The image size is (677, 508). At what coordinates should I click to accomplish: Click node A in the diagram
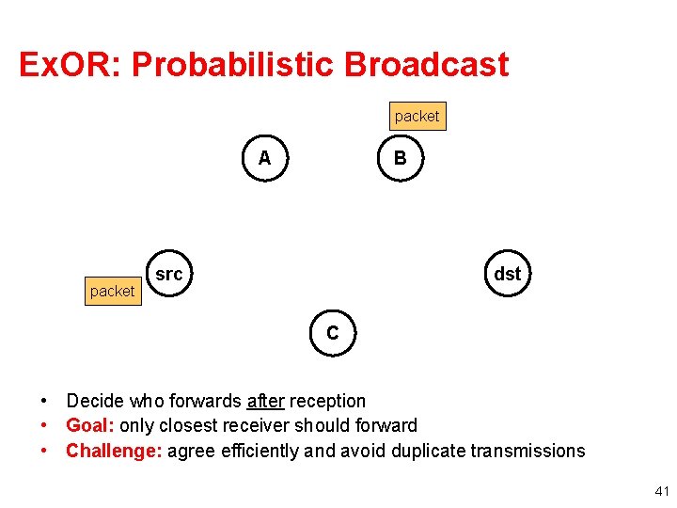264,158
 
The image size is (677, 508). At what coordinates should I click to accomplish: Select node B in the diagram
400,158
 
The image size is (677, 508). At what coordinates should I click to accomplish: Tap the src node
168,275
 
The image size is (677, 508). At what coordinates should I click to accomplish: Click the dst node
507,274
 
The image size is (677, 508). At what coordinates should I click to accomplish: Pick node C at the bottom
332,333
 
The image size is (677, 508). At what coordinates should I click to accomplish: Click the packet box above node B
417,116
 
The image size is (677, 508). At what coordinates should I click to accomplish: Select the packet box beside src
112,292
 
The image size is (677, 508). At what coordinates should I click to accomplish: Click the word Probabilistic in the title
234,65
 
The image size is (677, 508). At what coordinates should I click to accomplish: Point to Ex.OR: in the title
71,65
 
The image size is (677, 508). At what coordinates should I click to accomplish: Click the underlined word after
265,402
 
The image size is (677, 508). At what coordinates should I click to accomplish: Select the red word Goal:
90,426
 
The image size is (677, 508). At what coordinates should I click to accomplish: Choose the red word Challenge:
113,451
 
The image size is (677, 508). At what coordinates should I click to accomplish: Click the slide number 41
661,491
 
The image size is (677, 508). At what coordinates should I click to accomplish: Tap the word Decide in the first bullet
95,402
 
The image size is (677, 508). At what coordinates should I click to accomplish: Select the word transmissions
526,451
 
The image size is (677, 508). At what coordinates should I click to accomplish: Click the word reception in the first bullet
327,402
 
